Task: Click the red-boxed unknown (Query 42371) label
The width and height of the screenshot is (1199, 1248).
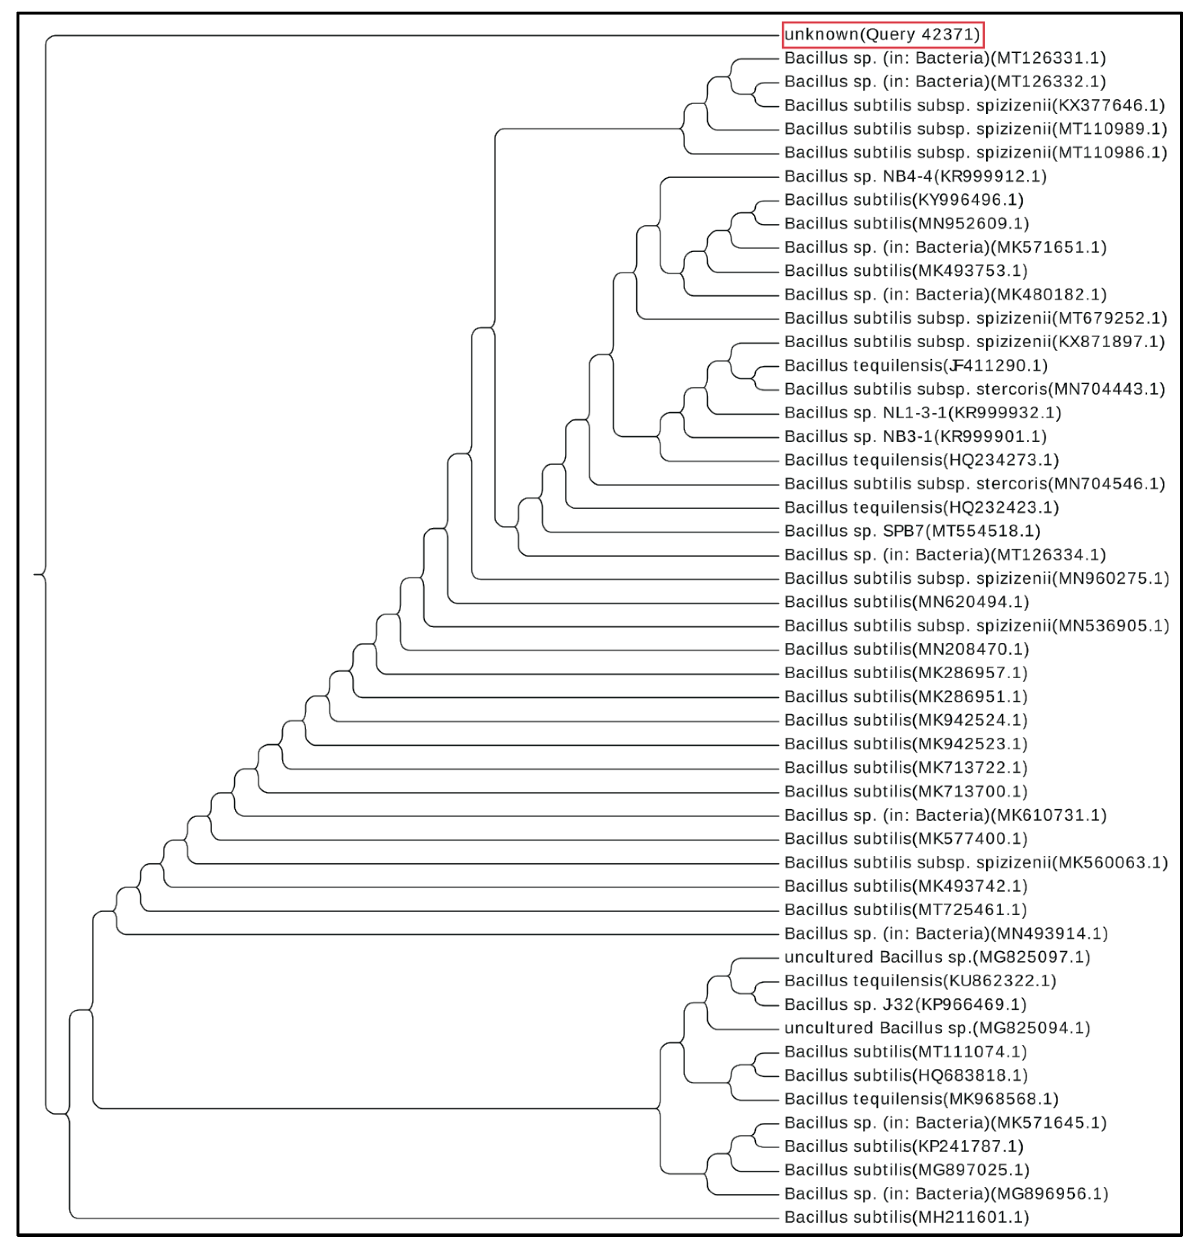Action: [883, 34]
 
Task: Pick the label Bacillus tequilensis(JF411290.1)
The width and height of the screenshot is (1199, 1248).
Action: [916, 365]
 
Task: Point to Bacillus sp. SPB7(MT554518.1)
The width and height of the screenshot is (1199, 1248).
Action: [912, 531]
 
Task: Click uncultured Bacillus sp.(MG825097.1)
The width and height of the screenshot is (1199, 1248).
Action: [937, 957]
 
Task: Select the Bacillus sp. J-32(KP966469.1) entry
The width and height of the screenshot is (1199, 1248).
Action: [905, 1004]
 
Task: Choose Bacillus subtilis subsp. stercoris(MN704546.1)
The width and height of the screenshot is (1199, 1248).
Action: [974, 484]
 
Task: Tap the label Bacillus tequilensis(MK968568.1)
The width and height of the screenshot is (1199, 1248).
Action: [921, 1099]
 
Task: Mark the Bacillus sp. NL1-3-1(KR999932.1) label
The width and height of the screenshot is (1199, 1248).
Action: [922, 413]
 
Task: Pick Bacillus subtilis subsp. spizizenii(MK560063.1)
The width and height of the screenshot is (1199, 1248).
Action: [976, 863]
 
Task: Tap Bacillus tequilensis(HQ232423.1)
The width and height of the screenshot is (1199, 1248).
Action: [921, 507]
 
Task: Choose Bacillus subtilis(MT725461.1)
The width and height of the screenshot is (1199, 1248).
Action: [905, 910]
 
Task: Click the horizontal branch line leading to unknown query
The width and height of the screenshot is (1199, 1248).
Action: [414, 36]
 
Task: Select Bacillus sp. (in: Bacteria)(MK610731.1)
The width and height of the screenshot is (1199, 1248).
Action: [945, 815]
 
